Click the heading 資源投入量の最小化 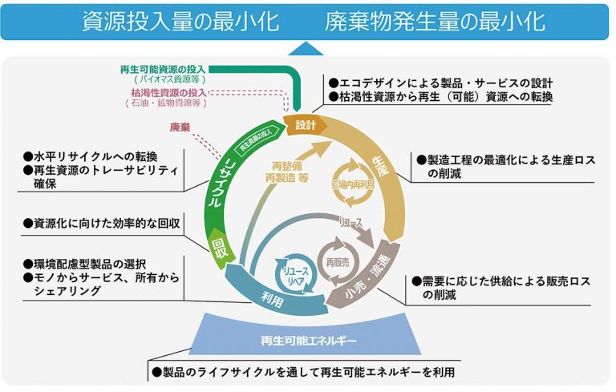tap(180, 21)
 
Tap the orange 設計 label tap(306, 125)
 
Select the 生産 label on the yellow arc tap(379, 168)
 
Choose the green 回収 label tap(218, 244)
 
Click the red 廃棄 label tap(180, 127)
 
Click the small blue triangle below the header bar tap(308, 49)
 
